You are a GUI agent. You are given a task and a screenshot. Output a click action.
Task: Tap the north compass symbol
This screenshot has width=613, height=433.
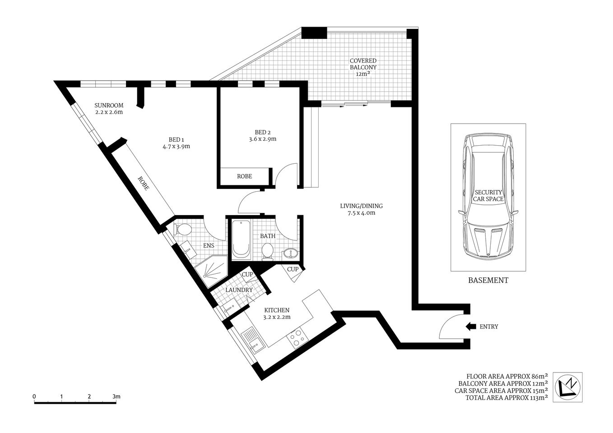click(567, 387)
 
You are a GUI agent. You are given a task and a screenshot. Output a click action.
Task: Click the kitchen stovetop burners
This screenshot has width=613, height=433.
click(297, 337)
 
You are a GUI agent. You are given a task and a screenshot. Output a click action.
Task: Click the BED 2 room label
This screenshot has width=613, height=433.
click(263, 132)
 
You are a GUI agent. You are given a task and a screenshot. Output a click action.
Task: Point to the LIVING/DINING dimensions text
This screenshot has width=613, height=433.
click(358, 213)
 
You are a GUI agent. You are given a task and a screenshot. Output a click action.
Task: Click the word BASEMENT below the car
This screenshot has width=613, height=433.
click(488, 280)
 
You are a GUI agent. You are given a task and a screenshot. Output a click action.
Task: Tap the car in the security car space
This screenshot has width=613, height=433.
click(488, 196)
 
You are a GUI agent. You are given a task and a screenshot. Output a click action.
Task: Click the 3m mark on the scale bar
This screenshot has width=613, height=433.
click(116, 396)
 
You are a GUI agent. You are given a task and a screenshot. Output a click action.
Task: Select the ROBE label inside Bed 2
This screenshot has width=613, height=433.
click(245, 176)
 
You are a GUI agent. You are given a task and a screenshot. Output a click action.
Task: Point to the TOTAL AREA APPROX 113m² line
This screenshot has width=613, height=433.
click(501, 398)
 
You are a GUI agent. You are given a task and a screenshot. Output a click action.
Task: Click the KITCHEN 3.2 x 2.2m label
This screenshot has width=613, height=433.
click(276, 313)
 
